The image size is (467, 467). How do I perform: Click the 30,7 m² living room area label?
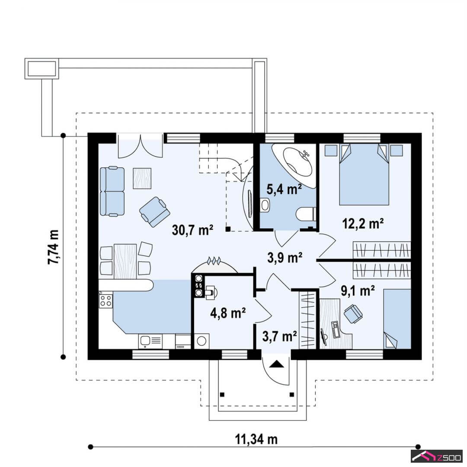192,230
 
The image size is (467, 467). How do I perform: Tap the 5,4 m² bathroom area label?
284,189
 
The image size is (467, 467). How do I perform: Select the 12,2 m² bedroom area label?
363,224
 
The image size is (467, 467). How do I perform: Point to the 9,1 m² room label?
358,291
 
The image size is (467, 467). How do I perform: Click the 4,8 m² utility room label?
228,313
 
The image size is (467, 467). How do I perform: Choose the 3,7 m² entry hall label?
280,336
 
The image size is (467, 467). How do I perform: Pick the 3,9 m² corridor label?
285,258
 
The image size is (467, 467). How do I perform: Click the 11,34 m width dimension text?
256,439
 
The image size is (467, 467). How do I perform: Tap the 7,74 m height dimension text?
53,247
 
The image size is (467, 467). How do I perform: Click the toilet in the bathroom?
306,214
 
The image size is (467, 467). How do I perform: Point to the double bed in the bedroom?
364,174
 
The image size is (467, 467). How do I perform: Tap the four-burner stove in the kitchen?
106,301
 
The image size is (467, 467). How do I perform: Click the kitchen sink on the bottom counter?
150,341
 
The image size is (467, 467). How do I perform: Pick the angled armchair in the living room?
154,211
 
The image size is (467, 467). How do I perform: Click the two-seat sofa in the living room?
112,191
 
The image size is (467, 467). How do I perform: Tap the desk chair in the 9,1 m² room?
353,313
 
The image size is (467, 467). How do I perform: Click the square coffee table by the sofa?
142,178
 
